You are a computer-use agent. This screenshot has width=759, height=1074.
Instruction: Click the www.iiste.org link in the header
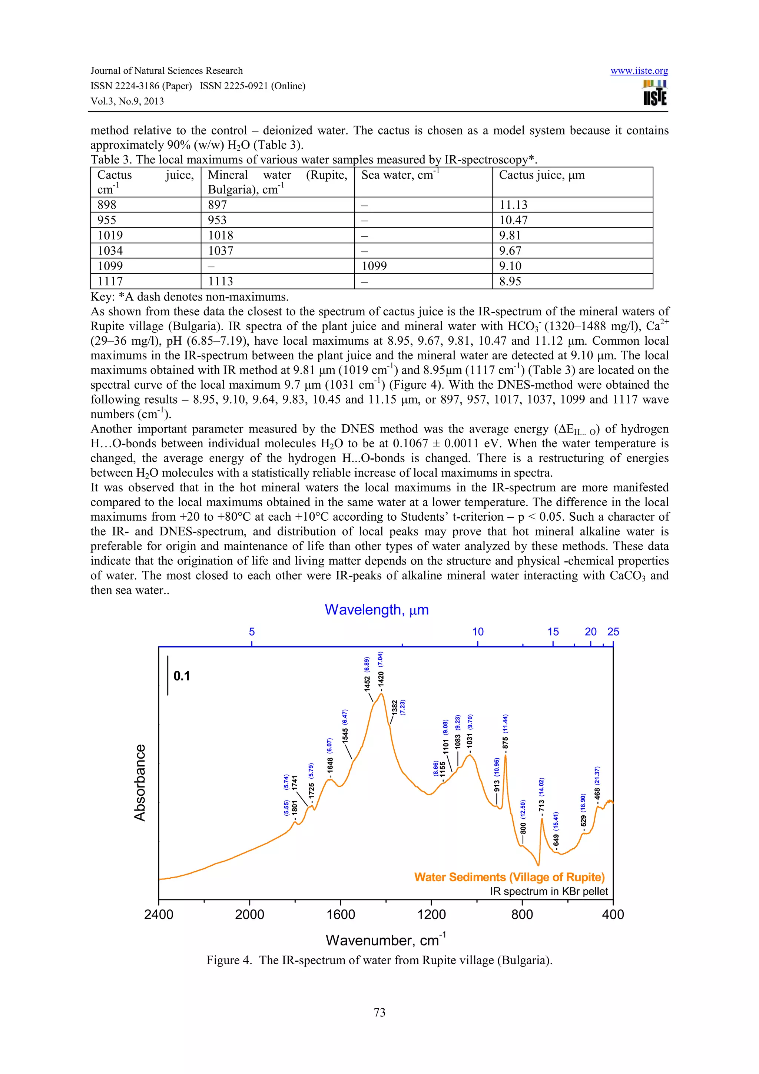[639, 71]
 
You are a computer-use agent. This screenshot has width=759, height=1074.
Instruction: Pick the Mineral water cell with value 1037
[221, 251]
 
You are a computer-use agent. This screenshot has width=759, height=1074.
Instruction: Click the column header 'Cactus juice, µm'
[541, 175]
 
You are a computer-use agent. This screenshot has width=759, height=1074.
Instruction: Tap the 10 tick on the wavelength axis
[477, 632]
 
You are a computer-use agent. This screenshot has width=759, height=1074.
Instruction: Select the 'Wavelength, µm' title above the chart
[377, 610]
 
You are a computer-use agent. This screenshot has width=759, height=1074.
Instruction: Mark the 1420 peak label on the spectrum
[381, 678]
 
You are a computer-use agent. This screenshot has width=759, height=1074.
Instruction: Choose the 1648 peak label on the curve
[330, 765]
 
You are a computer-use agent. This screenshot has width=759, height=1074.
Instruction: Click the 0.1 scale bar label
[182, 676]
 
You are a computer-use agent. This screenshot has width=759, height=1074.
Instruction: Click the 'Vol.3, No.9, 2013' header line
[127, 101]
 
